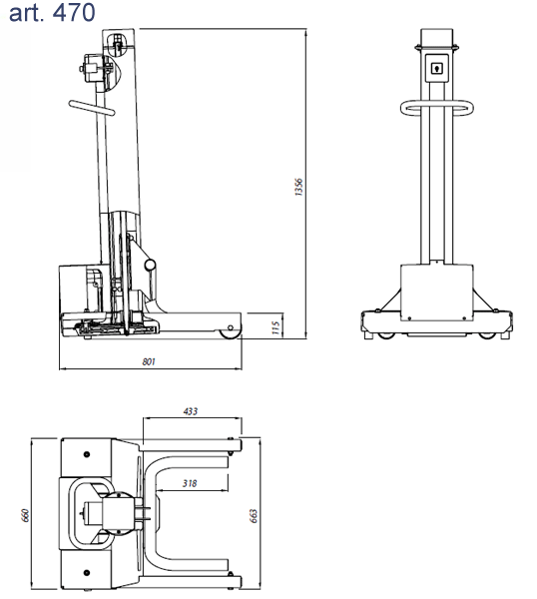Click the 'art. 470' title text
pos(52,12)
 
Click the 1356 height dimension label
pos(298,187)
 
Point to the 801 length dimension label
pos(149,361)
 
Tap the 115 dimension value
pos(275,327)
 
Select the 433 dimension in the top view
pos(191,411)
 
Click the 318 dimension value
pos(190,483)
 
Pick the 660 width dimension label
pos(25,515)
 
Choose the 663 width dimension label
pos(254,516)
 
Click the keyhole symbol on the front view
pos(436,68)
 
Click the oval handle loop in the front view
pos(437,108)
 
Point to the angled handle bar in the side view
pos(92,108)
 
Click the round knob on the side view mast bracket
pos(150,265)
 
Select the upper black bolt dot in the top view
pos(87,454)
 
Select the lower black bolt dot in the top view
pos(87,573)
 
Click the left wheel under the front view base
pos(385,335)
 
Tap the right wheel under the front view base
pos(486,335)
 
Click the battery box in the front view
pos(437,293)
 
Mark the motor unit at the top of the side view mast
pos(93,69)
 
